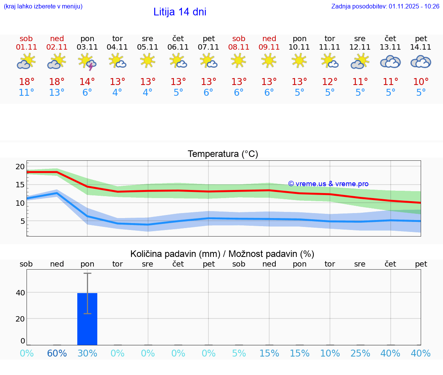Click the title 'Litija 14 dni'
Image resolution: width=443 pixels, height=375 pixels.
(180, 12)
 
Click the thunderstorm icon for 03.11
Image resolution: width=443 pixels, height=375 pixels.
(87, 62)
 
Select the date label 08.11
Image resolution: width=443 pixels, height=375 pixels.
(239, 47)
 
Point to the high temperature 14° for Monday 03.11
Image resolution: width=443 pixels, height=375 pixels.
(87, 82)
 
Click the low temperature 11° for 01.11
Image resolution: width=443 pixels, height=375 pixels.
(26, 93)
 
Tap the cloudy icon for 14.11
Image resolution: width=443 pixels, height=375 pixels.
(421, 62)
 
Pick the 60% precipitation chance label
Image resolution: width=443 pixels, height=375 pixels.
(57, 353)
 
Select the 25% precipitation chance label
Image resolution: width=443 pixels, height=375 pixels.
(360, 353)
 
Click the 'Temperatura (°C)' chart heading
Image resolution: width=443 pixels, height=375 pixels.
(223, 154)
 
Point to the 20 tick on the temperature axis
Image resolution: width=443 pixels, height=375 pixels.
(20, 167)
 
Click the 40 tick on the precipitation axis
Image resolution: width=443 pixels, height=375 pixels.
(20, 293)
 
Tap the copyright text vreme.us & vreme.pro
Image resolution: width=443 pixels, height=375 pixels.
(328, 184)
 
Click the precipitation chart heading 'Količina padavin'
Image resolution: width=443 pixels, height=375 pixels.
(222, 254)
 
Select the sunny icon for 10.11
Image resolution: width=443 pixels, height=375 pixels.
(299, 61)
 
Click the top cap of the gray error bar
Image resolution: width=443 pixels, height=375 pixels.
(87, 273)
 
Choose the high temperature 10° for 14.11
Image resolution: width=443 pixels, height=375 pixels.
(421, 82)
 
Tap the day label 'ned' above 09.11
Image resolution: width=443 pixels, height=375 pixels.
(269, 38)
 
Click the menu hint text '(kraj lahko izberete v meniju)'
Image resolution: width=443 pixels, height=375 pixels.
(43, 7)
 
